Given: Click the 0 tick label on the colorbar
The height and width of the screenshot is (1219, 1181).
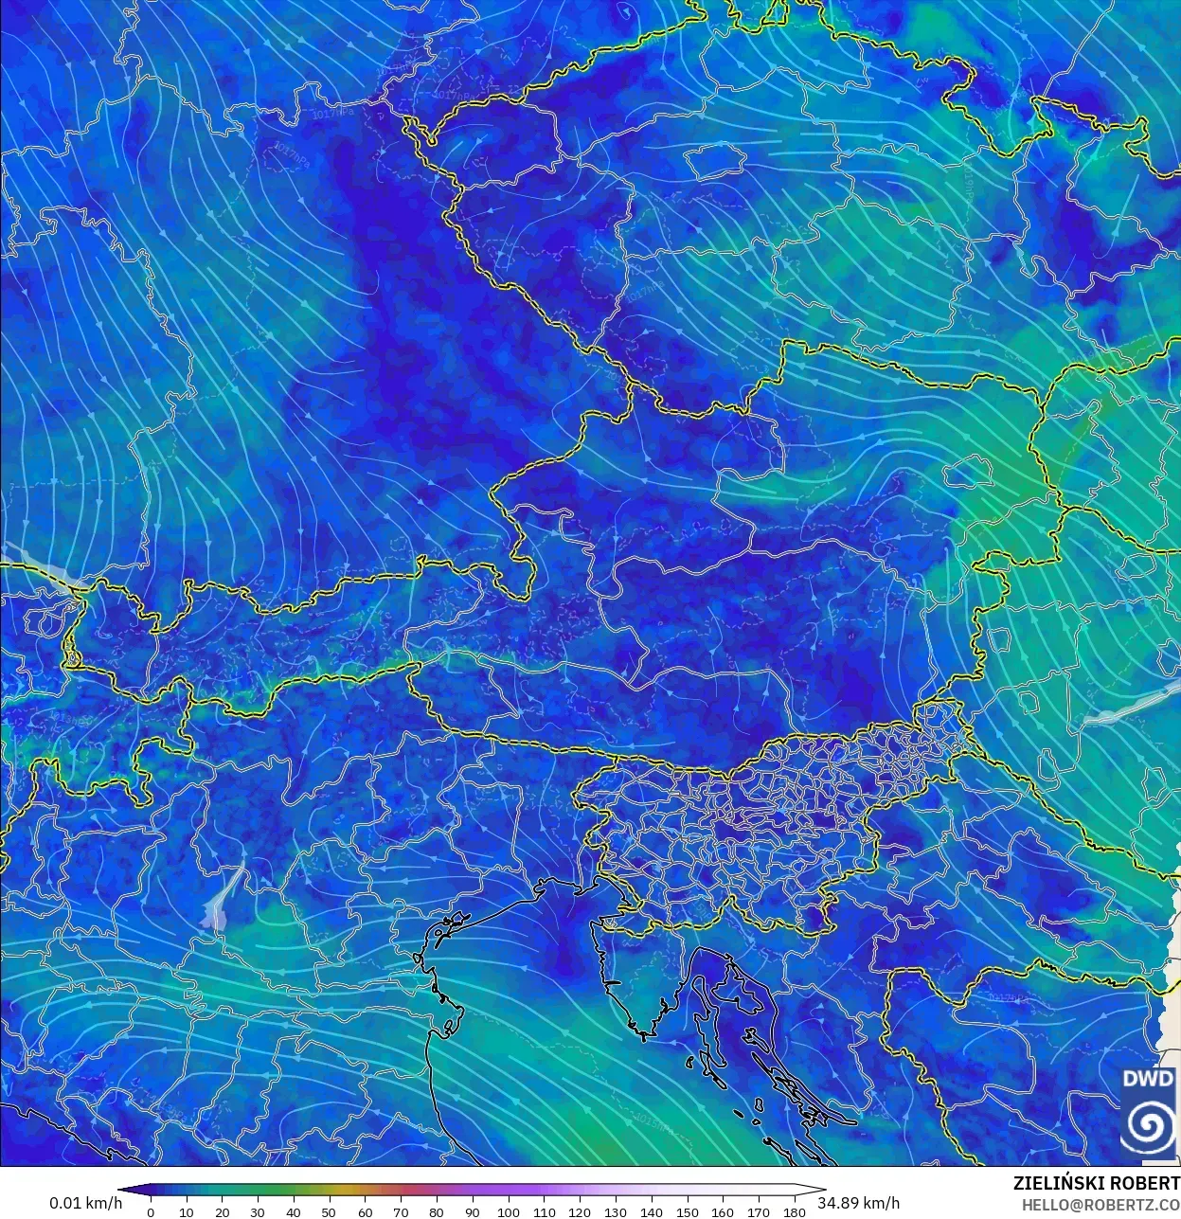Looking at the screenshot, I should coord(151,1212).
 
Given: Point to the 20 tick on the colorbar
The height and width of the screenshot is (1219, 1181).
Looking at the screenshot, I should coord(222,1212).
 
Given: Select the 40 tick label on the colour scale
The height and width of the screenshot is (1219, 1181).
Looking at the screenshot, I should coord(294,1212).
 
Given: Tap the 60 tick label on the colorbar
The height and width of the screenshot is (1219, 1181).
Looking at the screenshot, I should coord(365,1212).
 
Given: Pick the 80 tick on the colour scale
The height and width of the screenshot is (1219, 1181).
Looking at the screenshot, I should coord(437,1212).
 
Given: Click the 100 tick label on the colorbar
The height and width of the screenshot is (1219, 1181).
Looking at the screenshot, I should coord(508,1212).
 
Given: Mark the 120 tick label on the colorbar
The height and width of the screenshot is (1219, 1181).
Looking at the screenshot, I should coord(580,1212).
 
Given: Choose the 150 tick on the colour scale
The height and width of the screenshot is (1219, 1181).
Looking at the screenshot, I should coord(687,1212).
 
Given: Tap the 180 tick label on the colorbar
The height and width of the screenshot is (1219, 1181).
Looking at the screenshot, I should coord(794,1212).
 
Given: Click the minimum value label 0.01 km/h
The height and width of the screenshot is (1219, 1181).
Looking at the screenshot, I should coord(86,1203).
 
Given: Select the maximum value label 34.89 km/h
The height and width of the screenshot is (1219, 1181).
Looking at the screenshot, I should coord(859,1203).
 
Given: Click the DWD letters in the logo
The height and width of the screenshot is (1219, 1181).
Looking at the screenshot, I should coord(1148,1079).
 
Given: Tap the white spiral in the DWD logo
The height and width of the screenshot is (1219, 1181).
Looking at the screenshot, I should coord(1148,1125).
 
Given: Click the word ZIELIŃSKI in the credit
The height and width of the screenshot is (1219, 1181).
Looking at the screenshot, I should coord(1058,1183).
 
